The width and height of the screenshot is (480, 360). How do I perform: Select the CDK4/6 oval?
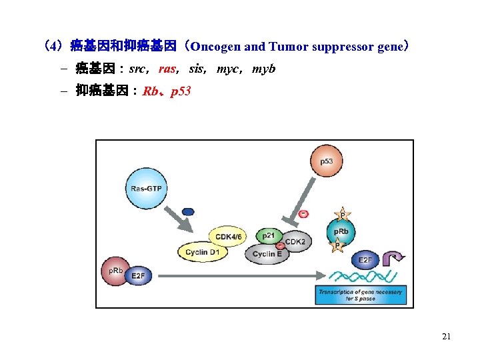(226, 236)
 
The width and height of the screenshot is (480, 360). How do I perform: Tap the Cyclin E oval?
(267, 254)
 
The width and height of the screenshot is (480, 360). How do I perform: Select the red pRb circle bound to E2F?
(115, 271)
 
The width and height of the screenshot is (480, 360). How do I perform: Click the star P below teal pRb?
(338, 246)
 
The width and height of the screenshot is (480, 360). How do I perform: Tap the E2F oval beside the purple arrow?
(366, 260)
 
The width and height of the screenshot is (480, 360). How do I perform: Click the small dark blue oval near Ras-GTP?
(188, 212)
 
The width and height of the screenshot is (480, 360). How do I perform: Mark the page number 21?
(446, 337)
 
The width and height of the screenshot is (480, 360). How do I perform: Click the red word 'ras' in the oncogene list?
(167, 69)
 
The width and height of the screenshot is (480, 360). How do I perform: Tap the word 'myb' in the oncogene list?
(263, 69)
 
